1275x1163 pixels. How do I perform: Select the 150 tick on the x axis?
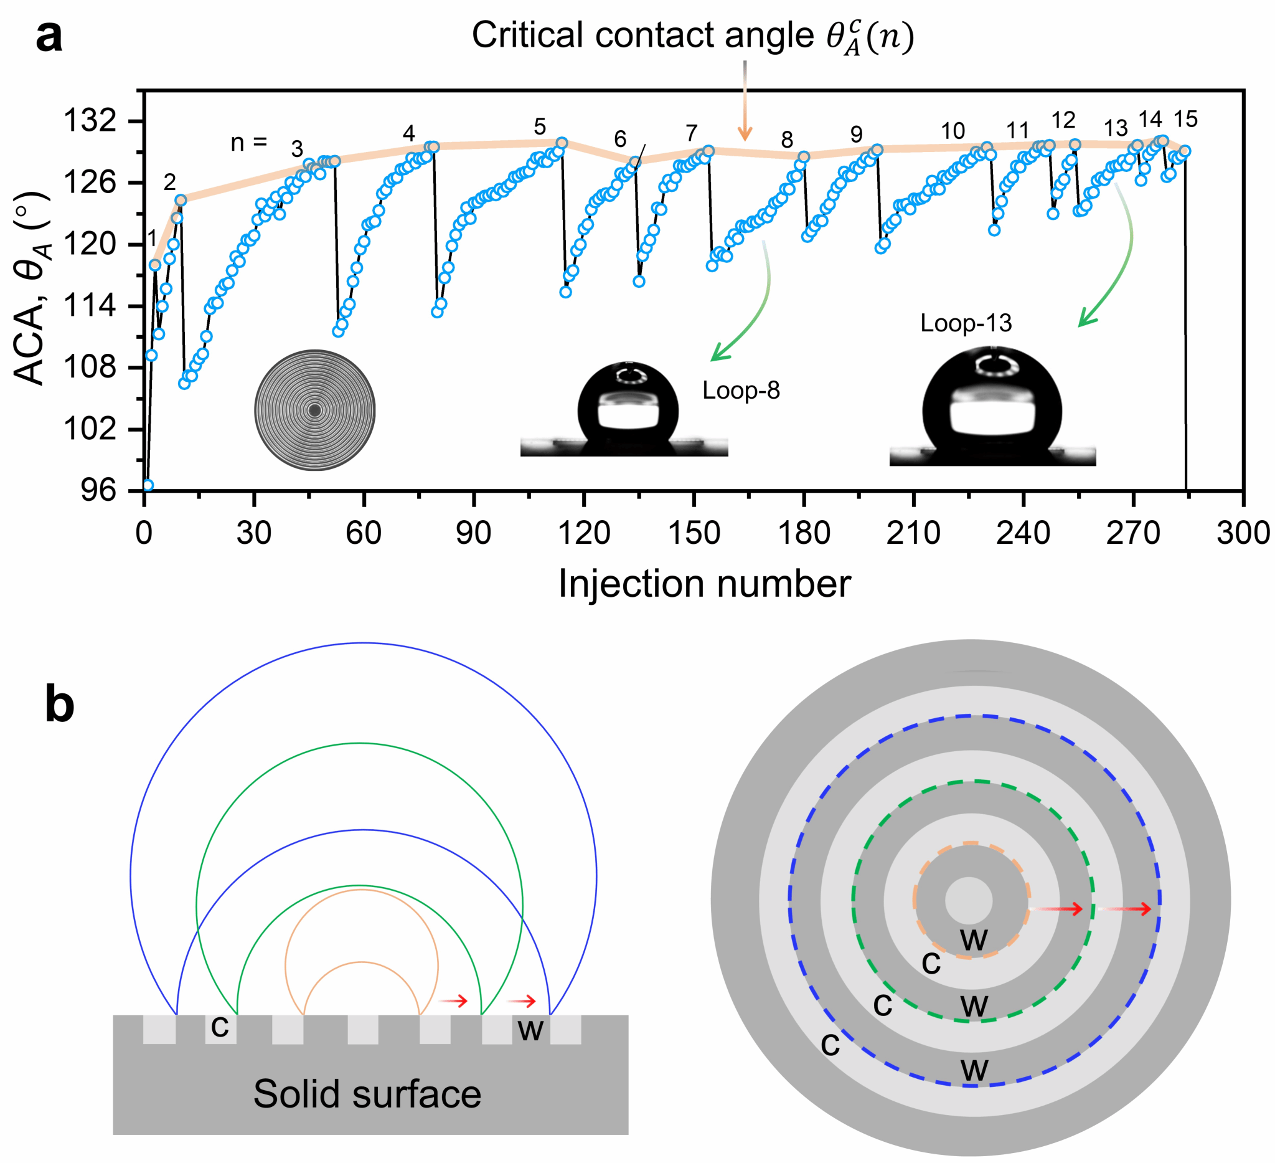(694, 495)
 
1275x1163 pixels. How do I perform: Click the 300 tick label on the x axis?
(1243, 533)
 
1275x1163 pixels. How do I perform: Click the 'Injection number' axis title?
(704, 584)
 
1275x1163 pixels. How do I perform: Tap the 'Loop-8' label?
(741, 391)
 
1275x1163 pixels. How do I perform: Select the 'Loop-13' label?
(966, 323)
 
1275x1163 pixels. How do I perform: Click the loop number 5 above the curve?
(540, 126)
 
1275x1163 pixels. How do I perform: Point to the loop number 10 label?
(953, 131)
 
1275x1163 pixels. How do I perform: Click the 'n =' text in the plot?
(248, 143)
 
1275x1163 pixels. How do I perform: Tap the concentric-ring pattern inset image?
(315, 410)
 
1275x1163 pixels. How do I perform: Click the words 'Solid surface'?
(367, 1094)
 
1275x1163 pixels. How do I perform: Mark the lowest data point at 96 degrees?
(148, 485)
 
